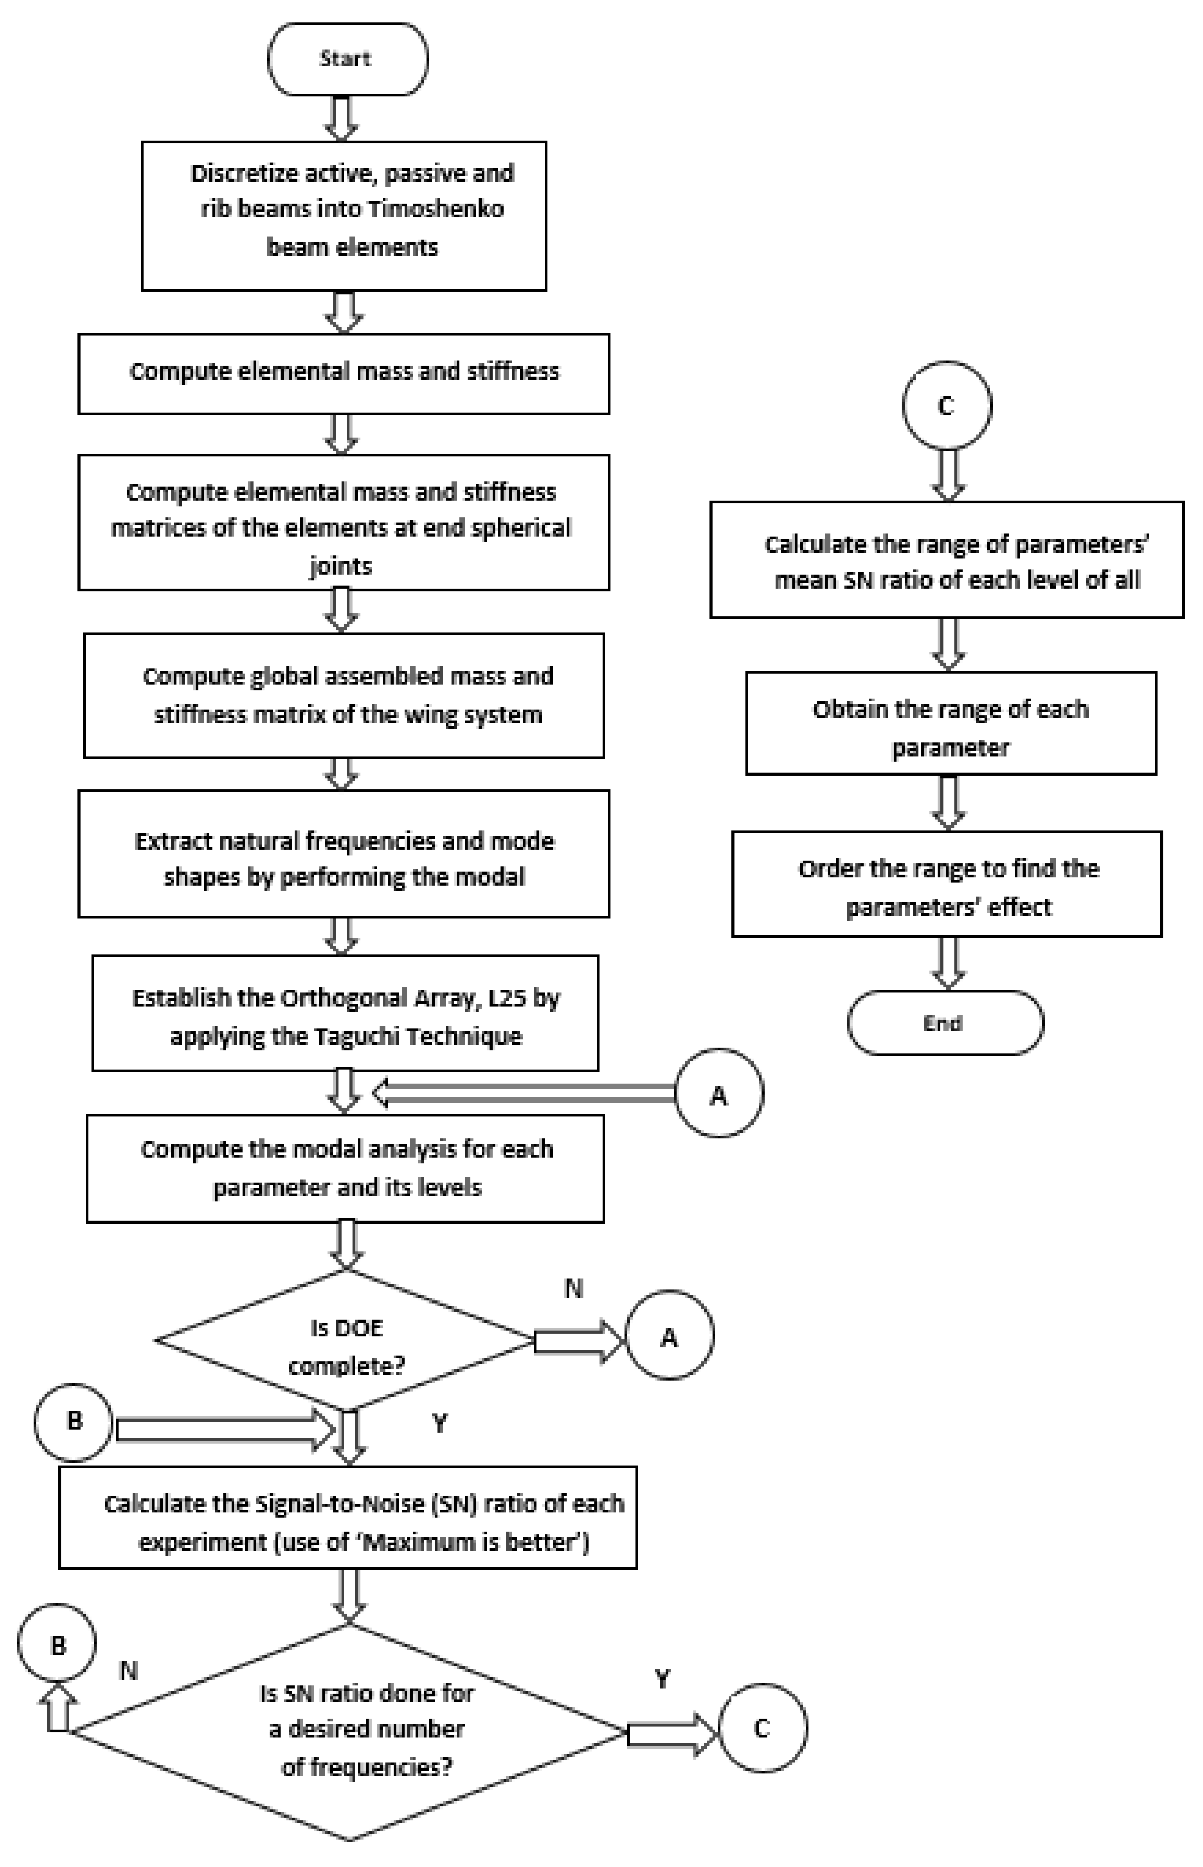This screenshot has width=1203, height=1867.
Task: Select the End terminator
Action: click(945, 1023)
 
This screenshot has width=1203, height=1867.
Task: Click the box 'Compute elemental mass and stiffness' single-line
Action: click(344, 373)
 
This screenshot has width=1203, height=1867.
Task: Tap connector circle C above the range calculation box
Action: click(946, 405)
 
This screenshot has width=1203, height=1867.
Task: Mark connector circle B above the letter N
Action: click(57, 1646)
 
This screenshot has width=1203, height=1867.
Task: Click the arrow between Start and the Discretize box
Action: click(342, 118)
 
